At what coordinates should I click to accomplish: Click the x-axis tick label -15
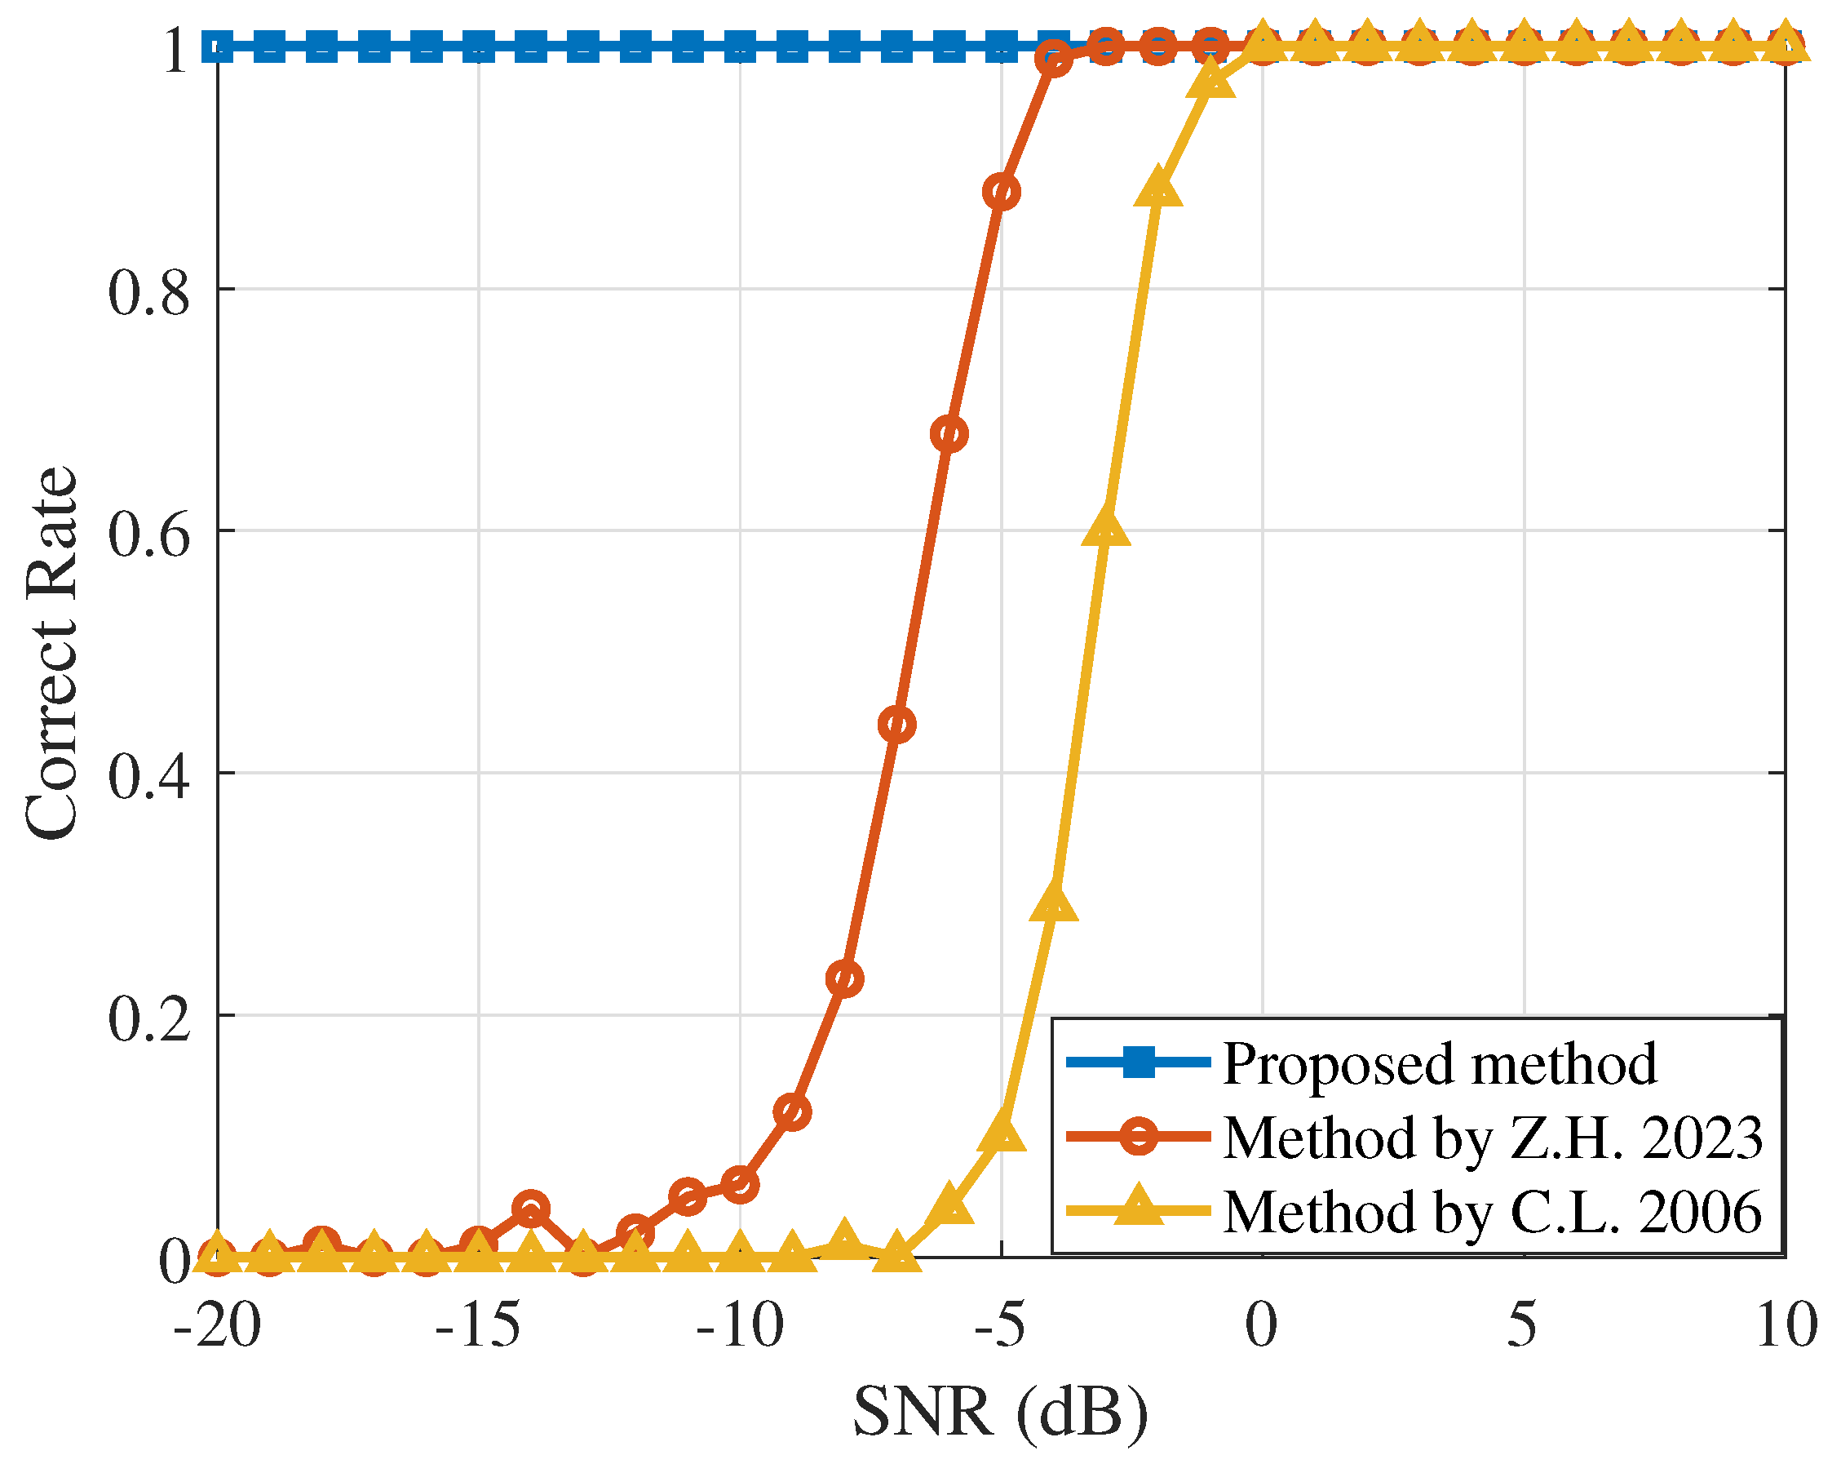[477, 1326]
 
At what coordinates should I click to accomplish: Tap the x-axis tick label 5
[1523, 1326]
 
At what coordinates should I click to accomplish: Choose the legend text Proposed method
[1440, 1064]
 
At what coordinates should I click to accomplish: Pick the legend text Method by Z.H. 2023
[1493, 1138]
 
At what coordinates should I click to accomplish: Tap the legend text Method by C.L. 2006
[1493, 1212]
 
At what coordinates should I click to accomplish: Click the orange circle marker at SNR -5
[1001, 193]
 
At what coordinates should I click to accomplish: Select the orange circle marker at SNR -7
[896, 725]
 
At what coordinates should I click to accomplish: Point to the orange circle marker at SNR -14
[530, 1209]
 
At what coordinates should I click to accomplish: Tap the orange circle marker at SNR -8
[844, 978]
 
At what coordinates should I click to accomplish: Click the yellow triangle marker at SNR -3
[1106, 527]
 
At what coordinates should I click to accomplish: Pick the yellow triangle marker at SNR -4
[1054, 903]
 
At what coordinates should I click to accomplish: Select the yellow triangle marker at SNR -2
[1158, 189]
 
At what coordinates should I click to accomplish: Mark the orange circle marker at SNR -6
[949, 435]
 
